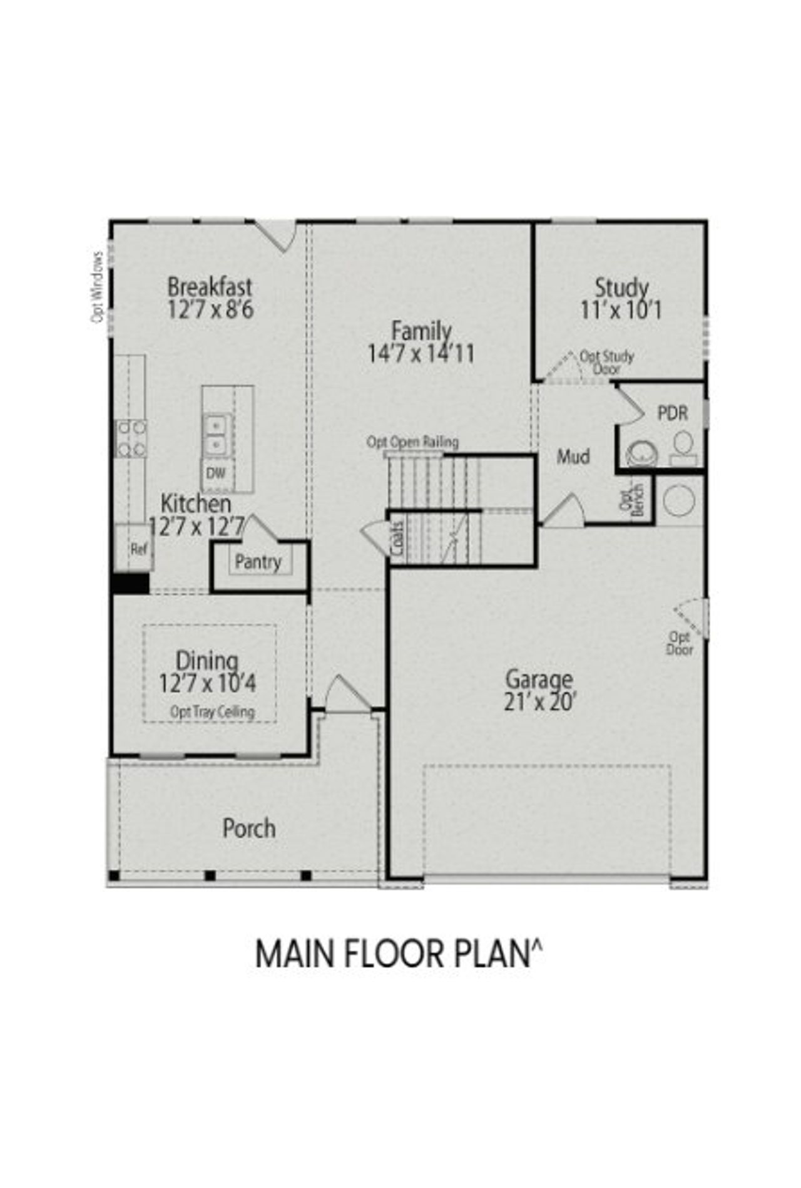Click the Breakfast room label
click(210, 287)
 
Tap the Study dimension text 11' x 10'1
click(621, 310)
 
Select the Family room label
click(421, 331)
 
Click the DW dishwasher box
click(216, 473)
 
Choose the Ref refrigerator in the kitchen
click(138, 549)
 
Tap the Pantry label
click(258, 562)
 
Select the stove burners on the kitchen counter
click(131, 438)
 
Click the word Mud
click(573, 457)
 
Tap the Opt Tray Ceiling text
click(213, 712)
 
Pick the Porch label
click(249, 829)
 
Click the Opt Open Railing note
click(412, 442)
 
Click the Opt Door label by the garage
click(680, 643)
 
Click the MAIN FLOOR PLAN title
click(399, 954)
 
